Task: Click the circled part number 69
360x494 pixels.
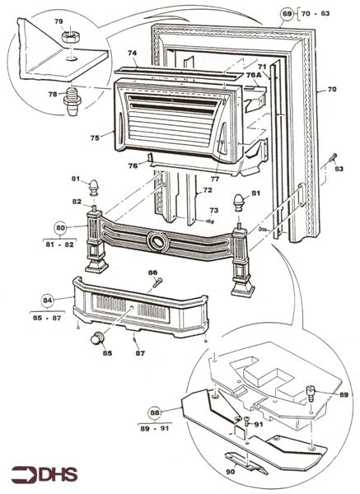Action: pyautogui.click(x=287, y=14)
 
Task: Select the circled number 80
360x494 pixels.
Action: pyautogui.click(x=61, y=227)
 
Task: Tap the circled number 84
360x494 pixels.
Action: pyautogui.click(x=47, y=301)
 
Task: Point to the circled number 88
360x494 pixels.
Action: pyautogui.click(x=154, y=413)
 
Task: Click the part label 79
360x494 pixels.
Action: pyautogui.click(x=58, y=21)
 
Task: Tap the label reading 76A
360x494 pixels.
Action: pyautogui.click(x=253, y=74)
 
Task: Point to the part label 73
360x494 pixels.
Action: pyautogui.click(x=213, y=211)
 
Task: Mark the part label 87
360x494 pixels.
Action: pyautogui.click(x=140, y=353)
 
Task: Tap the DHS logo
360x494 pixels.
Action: pyautogui.click(x=42, y=475)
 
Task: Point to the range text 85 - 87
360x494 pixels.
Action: pyautogui.click(x=48, y=317)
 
